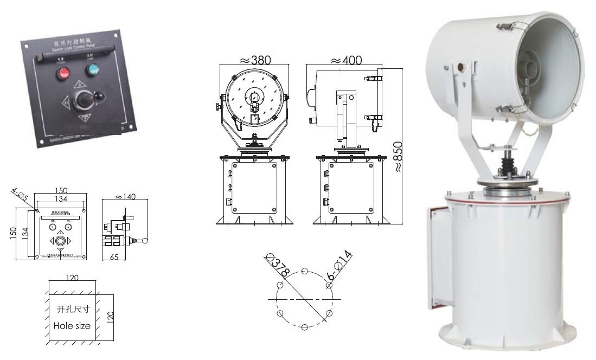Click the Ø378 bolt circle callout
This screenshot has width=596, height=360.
(x=277, y=263)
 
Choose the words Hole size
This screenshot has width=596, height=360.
(x=72, y=326)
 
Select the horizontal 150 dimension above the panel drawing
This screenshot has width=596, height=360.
(x=61, y=191)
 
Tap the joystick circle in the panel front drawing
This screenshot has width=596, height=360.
(x=61, y=240)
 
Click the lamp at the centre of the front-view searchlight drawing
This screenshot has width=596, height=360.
(x=253, y=99)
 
